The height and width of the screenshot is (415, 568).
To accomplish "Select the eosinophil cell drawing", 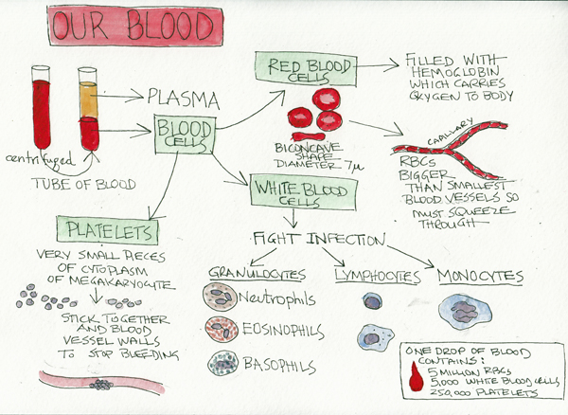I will [x=223, y=331].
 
